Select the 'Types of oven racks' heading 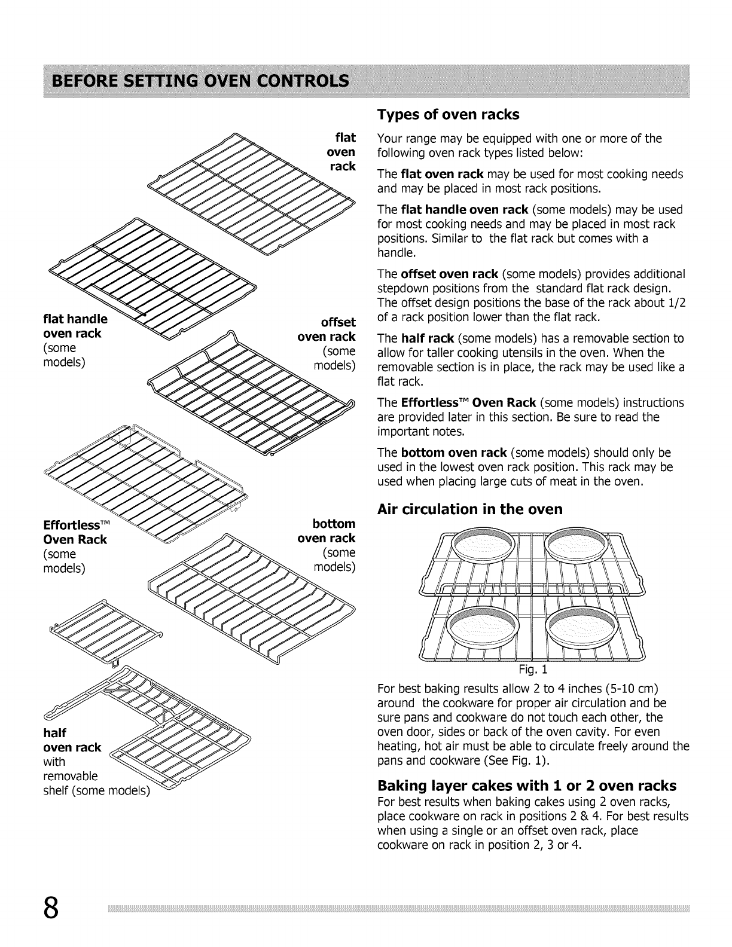(x=448, y=114)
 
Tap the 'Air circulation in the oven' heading (x=470, y=509)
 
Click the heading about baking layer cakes (x=527, y=785)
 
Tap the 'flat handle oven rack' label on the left (x=74, y=326)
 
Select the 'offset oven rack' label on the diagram (x=327, y=329)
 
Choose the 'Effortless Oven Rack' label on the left (x=75, y=532)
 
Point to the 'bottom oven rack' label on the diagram (x=327, y=531)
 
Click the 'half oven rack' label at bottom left (x=72, y=740)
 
